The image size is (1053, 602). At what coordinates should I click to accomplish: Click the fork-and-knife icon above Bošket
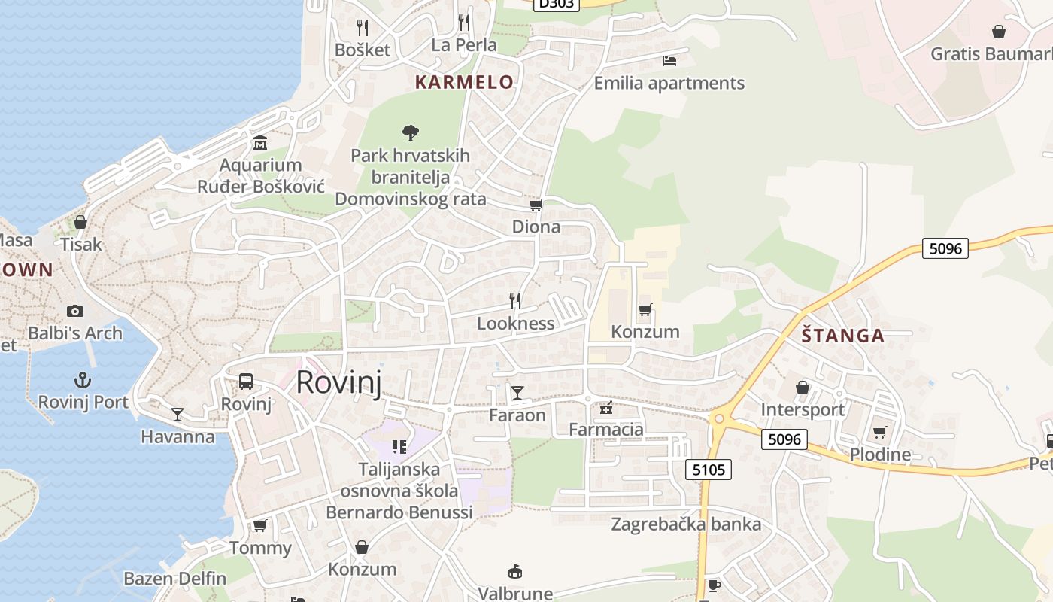[363, 28]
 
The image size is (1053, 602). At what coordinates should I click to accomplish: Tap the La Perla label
[464, 45]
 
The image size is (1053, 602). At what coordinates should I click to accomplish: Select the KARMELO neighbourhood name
[464, 82]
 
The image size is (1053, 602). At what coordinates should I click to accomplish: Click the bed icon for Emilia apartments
[669, 60]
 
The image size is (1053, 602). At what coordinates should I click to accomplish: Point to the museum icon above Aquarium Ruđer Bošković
[260, 142]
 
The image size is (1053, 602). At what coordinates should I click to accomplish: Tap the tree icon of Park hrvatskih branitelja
[410, 133]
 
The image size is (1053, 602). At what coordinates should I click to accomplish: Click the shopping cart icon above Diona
[536, 205]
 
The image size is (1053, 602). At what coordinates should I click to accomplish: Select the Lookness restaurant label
[516, 324]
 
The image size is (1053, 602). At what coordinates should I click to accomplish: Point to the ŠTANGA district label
[842, 336]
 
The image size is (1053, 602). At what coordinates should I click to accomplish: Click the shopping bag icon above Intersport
[803, 388]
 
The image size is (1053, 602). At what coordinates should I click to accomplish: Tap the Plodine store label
[880, 455]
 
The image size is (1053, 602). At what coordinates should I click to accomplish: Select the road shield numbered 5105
[709, 470]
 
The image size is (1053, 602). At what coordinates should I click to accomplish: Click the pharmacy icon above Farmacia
[606, 409]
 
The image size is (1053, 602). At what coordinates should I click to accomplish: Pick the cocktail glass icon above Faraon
[517, 392]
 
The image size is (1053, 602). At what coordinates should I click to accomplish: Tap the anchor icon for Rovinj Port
[83, 380]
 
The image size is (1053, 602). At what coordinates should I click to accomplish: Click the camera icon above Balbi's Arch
[74, 311]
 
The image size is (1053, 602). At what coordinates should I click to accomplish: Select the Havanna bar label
[178, 436]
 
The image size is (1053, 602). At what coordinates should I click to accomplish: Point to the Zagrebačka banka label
[686, 524]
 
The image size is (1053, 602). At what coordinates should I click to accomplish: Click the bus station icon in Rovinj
[246, 382]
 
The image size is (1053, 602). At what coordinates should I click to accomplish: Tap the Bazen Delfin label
[174, 579]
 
